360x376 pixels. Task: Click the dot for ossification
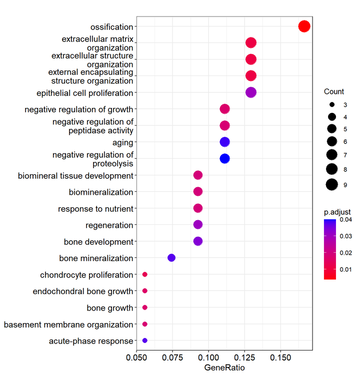[x=304, y=26]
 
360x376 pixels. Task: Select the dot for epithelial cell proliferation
[x=251, y=92]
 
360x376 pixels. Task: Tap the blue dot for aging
[x=224, y=142]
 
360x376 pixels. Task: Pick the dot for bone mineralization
[x=171, y=258]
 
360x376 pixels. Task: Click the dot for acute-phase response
[x=145, y=341]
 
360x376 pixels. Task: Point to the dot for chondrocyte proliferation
[x=145, y=274]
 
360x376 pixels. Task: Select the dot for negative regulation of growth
[x=224, y=109]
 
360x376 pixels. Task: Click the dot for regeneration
[x=197, y=225]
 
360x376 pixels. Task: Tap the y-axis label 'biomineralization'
[x=101, y=192]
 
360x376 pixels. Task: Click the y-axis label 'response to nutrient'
[x=95, y=209]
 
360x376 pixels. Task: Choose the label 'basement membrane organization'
[x=68, y=325]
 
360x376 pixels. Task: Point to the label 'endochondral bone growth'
[x=83, y=291]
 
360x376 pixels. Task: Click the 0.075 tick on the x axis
[x=172, y=358]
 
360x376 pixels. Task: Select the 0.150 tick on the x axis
[x=280, y=358]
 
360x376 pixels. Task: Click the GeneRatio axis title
[x=224, y=369]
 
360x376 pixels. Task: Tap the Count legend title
[x=334, y=92]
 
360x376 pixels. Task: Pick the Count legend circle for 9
[x=331, y=185]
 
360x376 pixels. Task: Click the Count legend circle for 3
[x=331, y=105]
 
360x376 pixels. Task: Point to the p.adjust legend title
[x=337, y=212]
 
